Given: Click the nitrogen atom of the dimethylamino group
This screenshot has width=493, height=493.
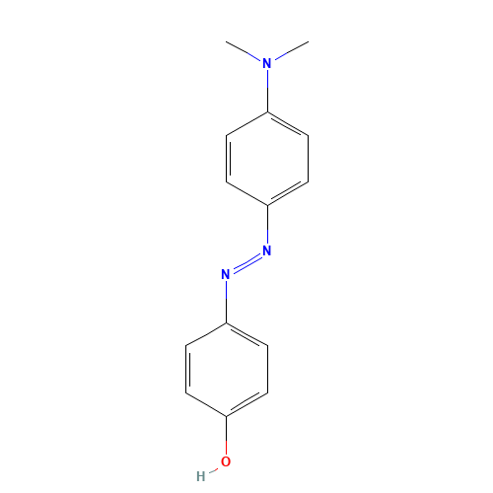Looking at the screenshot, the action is tap(267, 64).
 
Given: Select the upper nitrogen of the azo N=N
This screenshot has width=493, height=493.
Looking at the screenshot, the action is tap(267, 251).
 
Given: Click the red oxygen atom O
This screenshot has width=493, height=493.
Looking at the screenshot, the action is tap(226, 460).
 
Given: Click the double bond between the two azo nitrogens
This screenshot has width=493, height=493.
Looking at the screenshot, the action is tap(246, 263).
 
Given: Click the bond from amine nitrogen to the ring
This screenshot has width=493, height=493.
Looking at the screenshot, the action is tap(267, 89).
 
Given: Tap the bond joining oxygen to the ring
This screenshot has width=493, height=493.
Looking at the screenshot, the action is tap(226, 437).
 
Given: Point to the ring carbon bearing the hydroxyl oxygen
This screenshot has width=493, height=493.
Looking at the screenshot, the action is tap(226, 414).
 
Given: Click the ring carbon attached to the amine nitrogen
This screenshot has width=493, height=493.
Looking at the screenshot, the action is tap(267, 111).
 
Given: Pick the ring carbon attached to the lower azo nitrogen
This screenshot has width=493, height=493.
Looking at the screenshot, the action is tap(226, 322).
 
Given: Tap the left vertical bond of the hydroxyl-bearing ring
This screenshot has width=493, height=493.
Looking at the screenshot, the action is tap(185, 368).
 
